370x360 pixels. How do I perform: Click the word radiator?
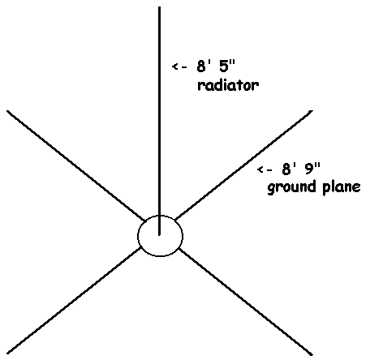tap(228, 85)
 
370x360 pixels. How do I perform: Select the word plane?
tap(342, 187)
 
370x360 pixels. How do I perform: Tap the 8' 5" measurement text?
tap(216, 66)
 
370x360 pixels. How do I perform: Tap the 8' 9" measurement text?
tap(301, 169)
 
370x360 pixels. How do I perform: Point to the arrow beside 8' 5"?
tap(179, 66)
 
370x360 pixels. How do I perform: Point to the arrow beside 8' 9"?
tap(265, 169)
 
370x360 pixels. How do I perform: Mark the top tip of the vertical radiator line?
tap(159, 7)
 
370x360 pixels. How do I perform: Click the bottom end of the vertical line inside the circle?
tap(159, 235)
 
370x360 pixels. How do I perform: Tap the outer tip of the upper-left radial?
tap(7, 111)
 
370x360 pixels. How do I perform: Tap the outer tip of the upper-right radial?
tap(312, 111)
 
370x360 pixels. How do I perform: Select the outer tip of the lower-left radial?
tap(7, 354)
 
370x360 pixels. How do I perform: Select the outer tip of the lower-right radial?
tap(312, 354)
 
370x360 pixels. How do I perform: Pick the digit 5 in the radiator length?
tap(224, 66)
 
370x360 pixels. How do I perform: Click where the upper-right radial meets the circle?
tap(175, 220)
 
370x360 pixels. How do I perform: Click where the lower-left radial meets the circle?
tap(140, 248)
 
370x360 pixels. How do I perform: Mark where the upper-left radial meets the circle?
tap(145, 221)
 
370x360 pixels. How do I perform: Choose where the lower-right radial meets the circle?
tap(179, 249)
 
